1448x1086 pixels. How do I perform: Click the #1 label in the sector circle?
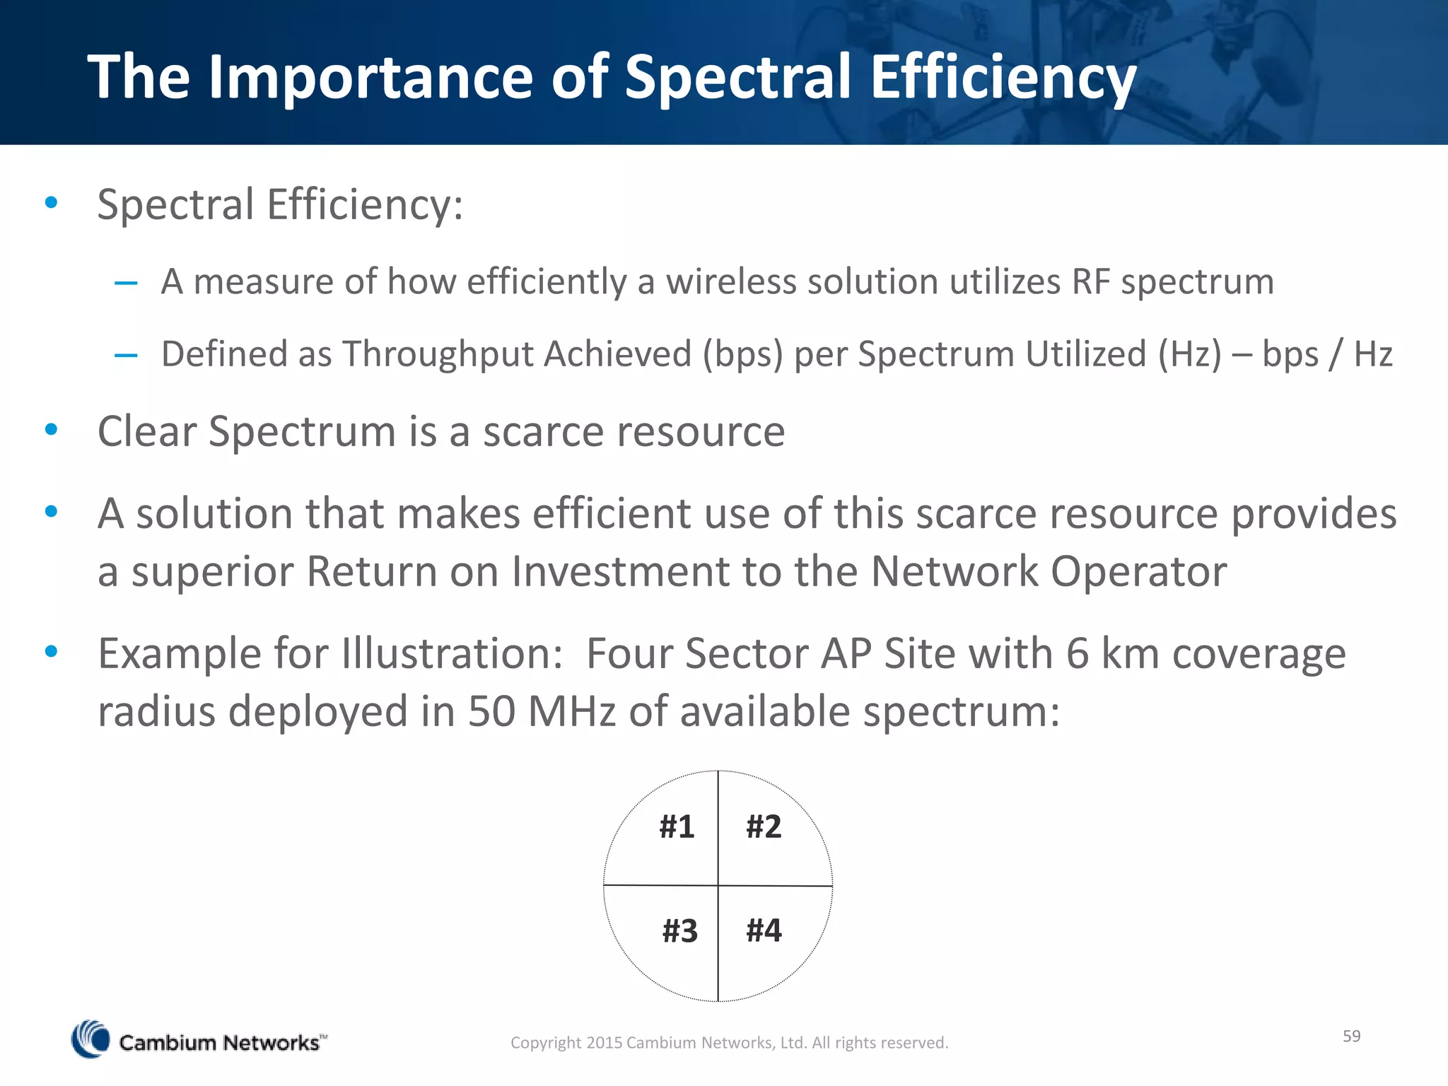pyautogui.click(x=677, y=827)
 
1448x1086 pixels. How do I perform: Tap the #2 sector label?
pyautogui.click(x=764, y=827)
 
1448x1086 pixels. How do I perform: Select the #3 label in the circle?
pyautogui.click(x=679, y=930)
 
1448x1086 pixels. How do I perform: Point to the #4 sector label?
pyautogui.click(x=764, y=930)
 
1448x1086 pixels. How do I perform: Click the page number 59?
pyautogui.click(x=1351, y=1036)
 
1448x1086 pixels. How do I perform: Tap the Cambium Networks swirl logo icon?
pyautogui.click(x=90, y=1039)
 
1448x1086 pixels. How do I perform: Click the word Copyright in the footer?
pyautogui.click(x=546, y=1043)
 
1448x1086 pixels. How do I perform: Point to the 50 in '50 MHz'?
pyautogui.click(x=491, y=711)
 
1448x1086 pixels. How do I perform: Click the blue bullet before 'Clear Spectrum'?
pyautogui.click(x=51, y=429)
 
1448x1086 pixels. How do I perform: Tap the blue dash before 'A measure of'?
pyautogui.click(x=126, y=284)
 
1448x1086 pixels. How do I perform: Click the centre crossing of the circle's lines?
pyautogui.click(x=718, y=885)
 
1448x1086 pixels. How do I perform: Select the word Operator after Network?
pyautogui.click(x=1138, y=571)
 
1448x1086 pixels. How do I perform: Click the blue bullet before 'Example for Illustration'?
pyautogui.click(x=51, y=651)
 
